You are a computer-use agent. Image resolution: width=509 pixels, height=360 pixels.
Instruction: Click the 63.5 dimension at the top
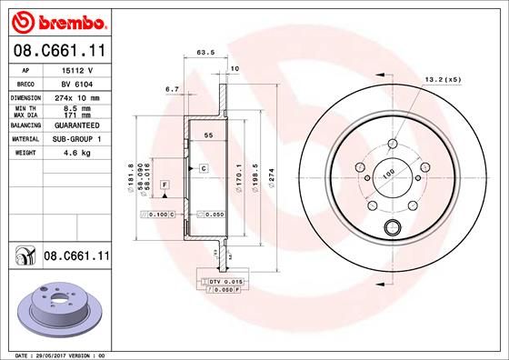click(205, 53)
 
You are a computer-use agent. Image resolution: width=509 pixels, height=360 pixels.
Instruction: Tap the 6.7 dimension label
click(172, 89)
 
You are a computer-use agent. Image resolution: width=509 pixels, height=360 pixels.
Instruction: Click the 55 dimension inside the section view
click(208, 135)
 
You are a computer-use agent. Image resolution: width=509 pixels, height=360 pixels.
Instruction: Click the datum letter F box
click(165, 185)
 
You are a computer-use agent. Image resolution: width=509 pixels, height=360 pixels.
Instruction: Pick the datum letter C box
click(204, 168)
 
